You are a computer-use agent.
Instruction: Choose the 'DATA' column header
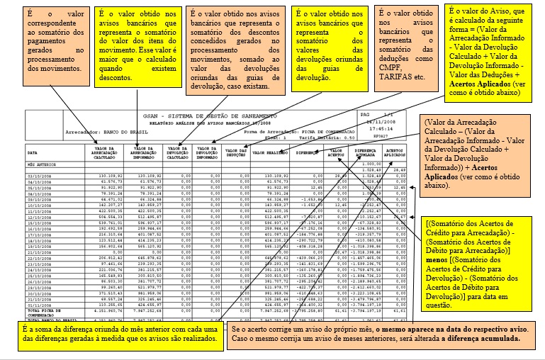click(x=33, y=152)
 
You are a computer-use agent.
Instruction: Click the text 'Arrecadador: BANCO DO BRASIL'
click(x=98, y=130)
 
